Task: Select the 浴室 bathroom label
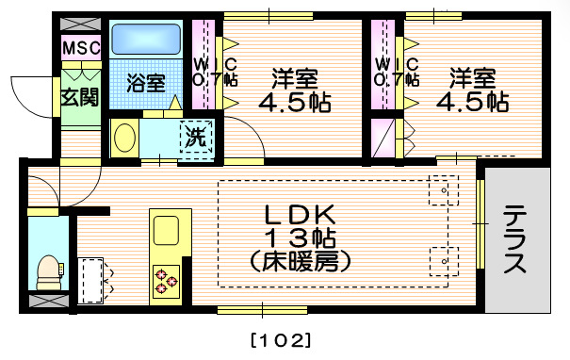click(145, 81)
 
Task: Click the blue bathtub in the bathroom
click(146, 41)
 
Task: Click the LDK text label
click(300, 213)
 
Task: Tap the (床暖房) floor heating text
click(300, 259)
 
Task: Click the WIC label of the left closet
click(206, 65)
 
